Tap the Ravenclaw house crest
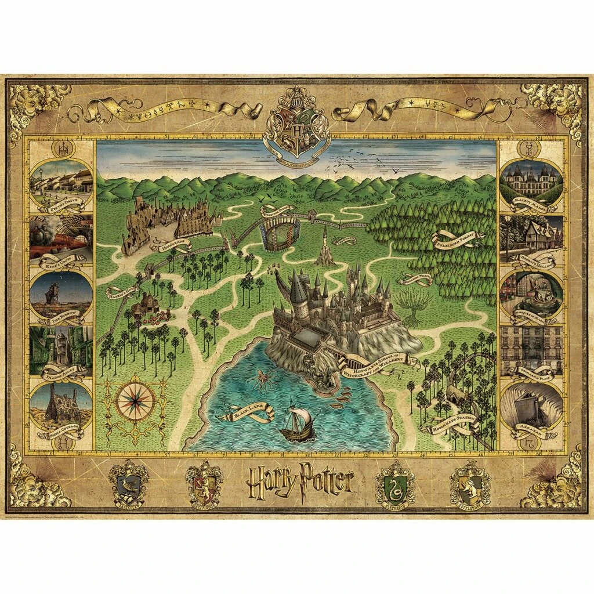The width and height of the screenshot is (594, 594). (x=129, y=481)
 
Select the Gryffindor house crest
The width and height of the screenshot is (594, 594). (x=204, y=481)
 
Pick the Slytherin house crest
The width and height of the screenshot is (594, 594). (x=394, y=481)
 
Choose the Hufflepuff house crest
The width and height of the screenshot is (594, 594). (x=470, y=481)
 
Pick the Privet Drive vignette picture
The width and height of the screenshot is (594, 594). (x=61, y=180)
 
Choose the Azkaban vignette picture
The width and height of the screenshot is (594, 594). (x=531, y=406)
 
